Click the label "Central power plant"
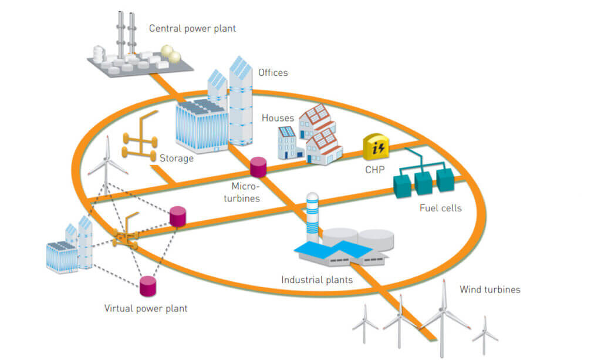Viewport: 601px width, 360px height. coord(192,28)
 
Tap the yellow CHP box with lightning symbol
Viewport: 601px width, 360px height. coord(376,147)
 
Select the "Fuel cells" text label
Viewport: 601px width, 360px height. coord(440,208)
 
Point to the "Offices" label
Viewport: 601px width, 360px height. coord(273,73)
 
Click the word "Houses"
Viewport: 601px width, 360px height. coord(278,118)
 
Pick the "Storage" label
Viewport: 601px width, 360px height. coord(177,158)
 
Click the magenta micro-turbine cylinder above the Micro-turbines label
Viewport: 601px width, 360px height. coord(258,167)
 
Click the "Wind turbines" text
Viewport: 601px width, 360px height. coord(489,289)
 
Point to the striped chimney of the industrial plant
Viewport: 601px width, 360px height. coord(313,217)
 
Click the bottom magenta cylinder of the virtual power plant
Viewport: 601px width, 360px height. coord(148,286)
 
